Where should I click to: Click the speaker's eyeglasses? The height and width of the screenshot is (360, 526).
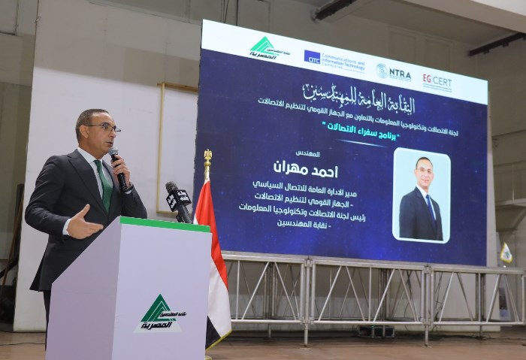[x=105, y=128]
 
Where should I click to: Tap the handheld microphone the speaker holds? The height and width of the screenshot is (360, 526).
[x=118, y=168]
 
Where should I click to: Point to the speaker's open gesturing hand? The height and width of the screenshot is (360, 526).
[x=82, y=223]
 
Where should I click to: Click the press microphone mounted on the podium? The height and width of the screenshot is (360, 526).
[x=179, y=200]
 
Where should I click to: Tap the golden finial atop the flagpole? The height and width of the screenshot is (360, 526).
[x=207, y=156]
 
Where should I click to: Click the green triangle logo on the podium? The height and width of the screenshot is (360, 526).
[x=158, y=310]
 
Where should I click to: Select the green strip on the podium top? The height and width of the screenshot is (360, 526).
[x=165, y=224]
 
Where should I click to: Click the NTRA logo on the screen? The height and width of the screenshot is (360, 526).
[x=394, y=72]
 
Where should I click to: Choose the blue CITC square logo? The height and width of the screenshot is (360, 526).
[x=312, y=56]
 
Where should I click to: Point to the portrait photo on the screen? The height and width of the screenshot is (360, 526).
[x=421, y=195]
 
